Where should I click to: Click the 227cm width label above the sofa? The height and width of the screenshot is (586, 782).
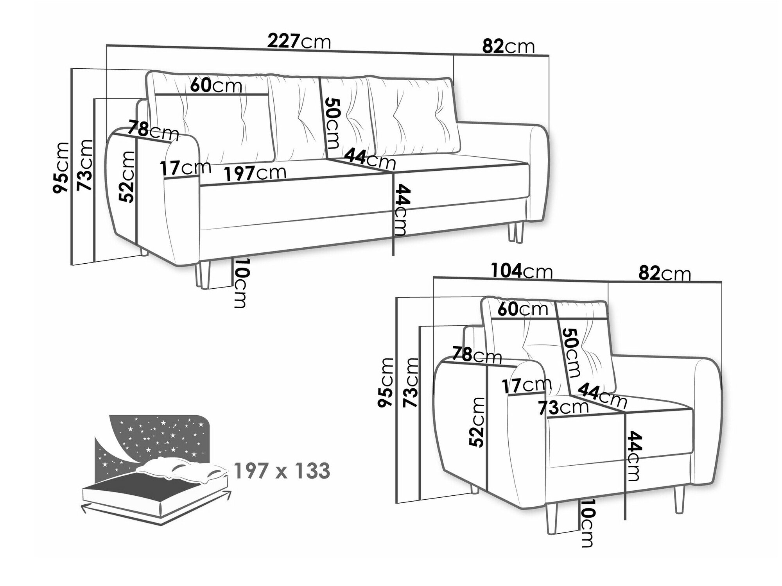299,41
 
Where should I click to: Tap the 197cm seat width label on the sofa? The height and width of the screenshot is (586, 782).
255,173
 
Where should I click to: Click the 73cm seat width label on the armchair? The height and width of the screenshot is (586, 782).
563,407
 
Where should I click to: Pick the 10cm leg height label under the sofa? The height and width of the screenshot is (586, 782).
240,282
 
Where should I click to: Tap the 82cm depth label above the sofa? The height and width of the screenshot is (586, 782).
508,46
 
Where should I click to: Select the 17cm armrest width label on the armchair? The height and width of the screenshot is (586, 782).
527,386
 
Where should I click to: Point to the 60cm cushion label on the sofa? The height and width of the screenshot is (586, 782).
216,85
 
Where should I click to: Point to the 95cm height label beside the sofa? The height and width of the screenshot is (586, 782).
61,167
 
